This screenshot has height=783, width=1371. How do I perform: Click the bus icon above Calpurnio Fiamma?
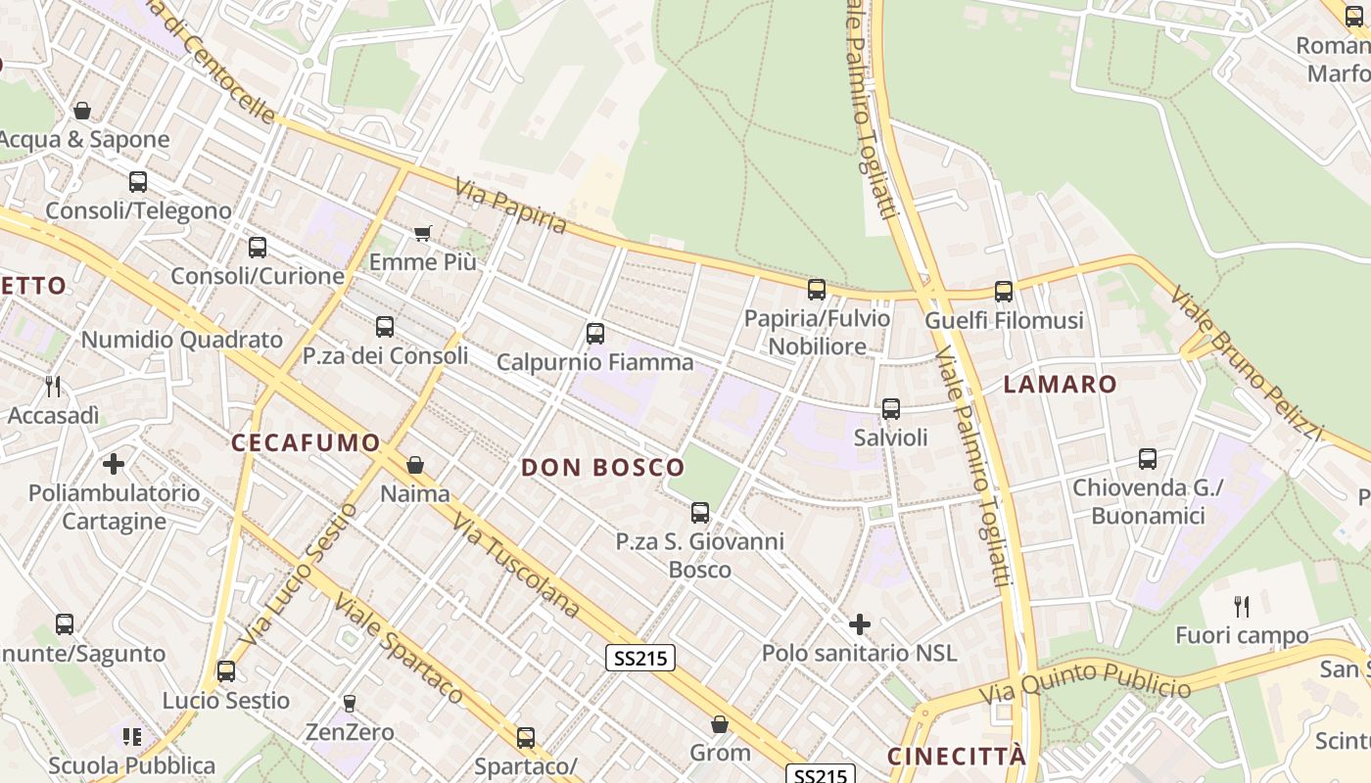594,334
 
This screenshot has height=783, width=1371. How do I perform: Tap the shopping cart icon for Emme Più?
423,233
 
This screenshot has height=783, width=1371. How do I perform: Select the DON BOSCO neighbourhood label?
602,467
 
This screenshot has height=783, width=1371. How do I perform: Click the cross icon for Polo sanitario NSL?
860,623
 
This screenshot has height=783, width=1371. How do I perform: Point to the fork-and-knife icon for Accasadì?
53,387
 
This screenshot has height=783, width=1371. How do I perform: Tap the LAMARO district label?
1060,384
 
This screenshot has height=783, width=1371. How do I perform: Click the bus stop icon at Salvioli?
890,409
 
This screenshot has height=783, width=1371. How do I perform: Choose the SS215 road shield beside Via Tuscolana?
641,658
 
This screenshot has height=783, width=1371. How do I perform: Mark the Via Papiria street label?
510,206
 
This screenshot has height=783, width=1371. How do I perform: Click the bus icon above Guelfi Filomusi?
1004,291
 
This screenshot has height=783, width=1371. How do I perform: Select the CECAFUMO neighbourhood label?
306,442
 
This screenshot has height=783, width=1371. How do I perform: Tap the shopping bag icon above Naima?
415,465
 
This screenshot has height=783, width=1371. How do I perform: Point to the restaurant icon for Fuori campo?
1242,607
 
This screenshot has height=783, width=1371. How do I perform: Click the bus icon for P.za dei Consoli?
385,327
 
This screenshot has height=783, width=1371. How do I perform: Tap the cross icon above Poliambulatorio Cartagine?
114,463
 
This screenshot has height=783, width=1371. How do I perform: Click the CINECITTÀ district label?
957,757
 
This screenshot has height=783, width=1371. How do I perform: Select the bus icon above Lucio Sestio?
226,671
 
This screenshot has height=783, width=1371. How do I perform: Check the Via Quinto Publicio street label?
1084,682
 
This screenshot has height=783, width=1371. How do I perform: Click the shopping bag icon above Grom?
720,724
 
